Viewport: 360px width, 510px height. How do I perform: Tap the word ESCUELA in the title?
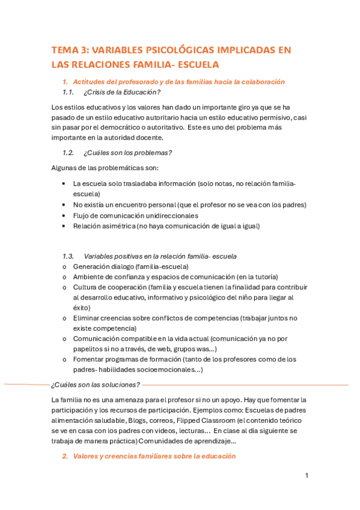[x=195, y=64]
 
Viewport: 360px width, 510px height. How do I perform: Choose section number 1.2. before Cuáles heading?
[x=68, y=152]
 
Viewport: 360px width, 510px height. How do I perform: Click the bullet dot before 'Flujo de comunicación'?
[x=64, y=215]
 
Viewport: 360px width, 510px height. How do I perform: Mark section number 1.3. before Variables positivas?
[x=68, y=256]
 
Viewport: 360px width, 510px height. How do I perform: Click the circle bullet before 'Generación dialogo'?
[x=64, y=266]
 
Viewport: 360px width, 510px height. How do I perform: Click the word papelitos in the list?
[x=89, y=349]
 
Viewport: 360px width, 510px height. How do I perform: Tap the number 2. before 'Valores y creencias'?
[x=66, y=456]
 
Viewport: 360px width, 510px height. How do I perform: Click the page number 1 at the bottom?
[x=307, y=476]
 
